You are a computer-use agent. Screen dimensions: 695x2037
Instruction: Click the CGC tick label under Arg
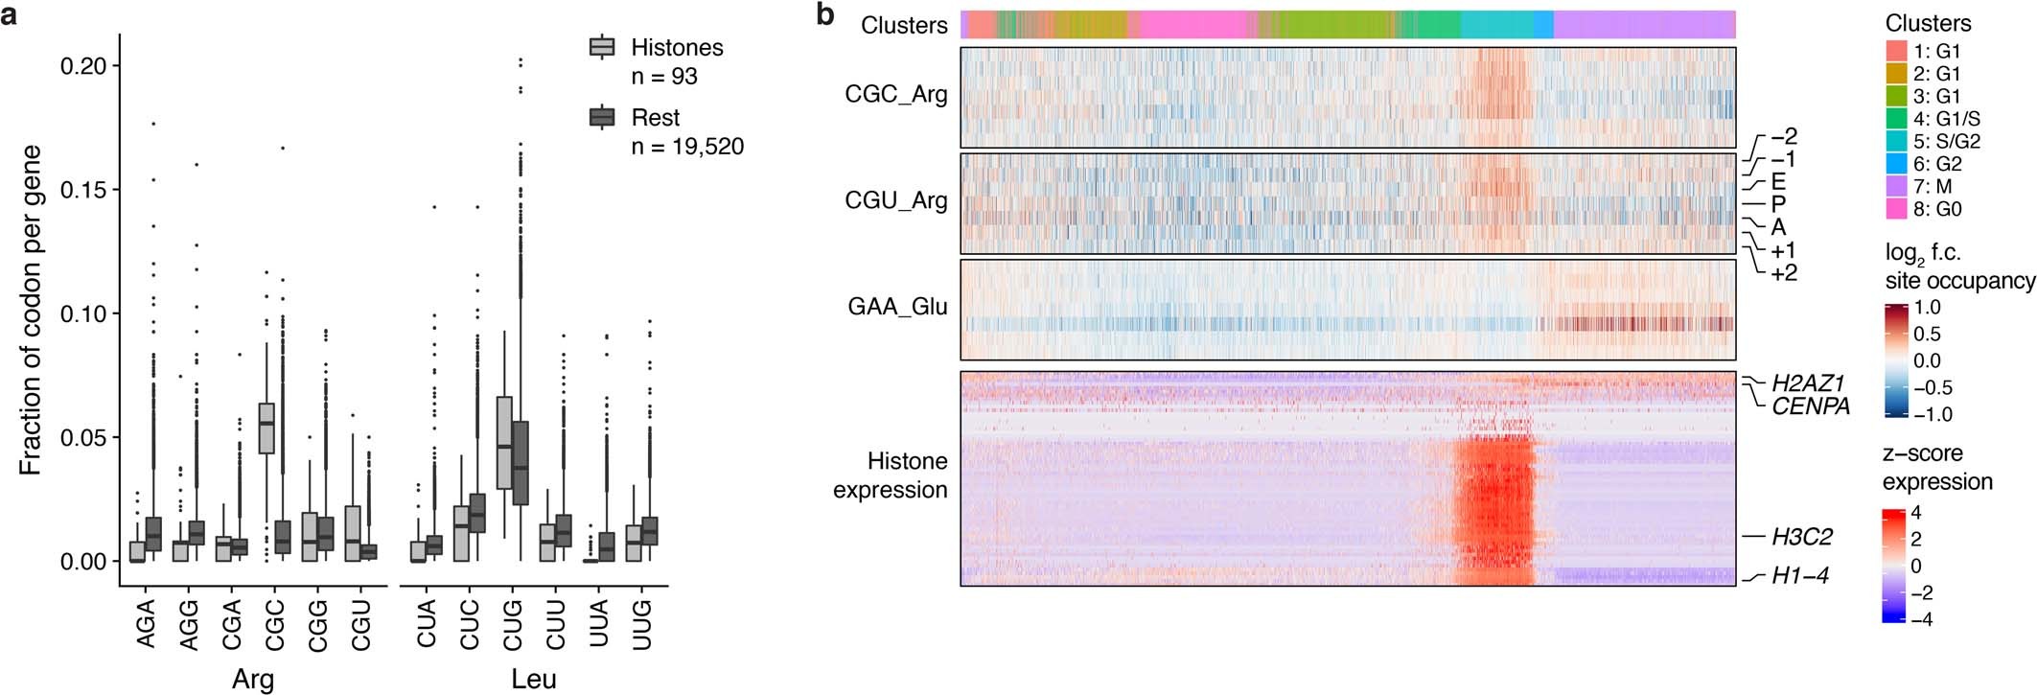coord(274,625)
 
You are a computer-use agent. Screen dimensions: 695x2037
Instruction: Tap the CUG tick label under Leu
coord(512,625)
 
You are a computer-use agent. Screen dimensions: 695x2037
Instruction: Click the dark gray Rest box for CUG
coord(521,463)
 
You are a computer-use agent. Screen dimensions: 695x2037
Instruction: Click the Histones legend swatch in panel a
coord(601,47)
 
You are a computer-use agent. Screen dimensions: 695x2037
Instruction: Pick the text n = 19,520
coord(686,147)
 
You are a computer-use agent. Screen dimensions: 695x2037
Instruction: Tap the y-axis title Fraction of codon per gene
coord(31,311)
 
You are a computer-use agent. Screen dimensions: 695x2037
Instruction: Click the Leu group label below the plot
coord(533,680)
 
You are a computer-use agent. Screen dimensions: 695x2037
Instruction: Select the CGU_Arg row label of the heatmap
coord(895,201)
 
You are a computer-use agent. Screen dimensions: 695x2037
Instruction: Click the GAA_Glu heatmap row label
coord(897,307)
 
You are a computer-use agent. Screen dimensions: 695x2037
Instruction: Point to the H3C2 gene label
coord(1802,537)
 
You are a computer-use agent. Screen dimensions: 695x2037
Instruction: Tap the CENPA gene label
coord(1810,406)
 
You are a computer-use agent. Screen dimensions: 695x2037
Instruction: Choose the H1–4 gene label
coord(1799,576)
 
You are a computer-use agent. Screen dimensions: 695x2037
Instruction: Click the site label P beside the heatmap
coord(1778,204)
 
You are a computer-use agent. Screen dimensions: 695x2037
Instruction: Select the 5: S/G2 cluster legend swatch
coord(1896,141)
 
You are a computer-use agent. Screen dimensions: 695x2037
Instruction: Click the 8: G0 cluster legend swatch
coord(1896,209)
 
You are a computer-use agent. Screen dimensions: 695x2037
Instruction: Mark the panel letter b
coord(825,14)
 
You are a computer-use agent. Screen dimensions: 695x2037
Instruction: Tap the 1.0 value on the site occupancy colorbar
coord(1927,308)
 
